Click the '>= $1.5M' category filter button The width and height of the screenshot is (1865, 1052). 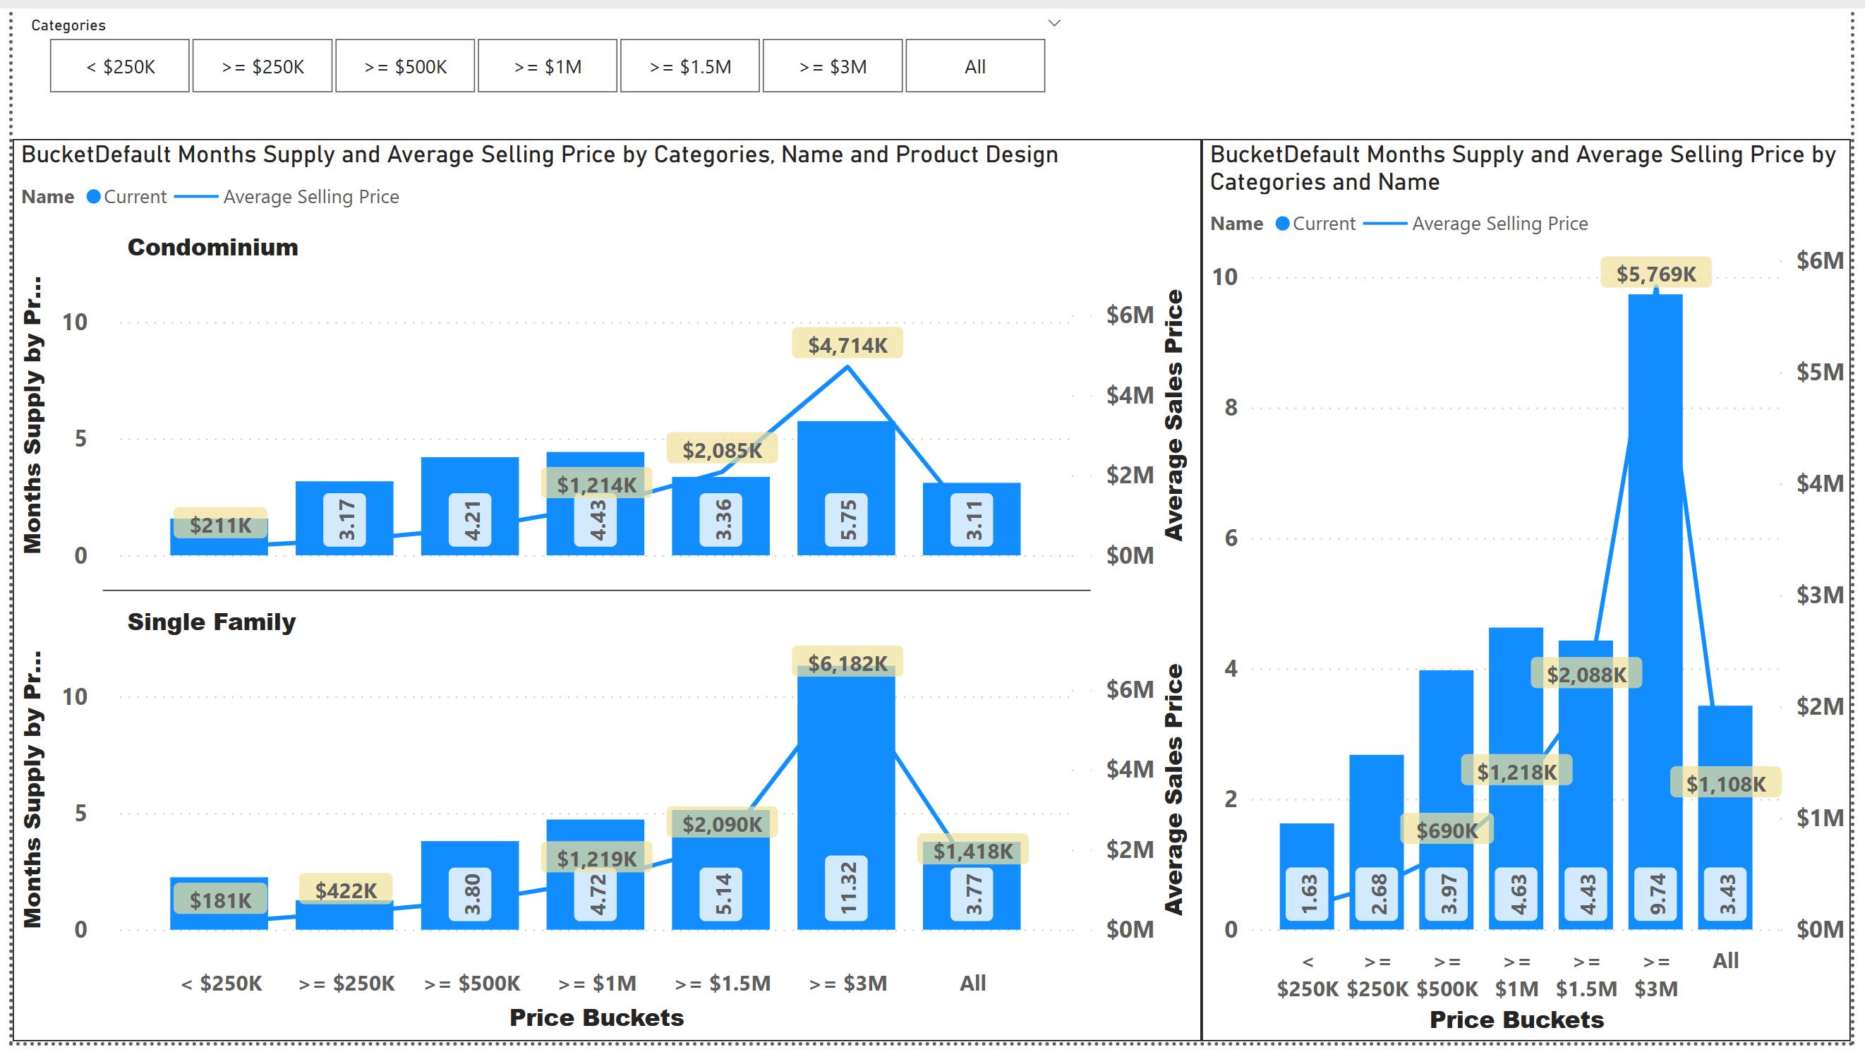(x=690, y=66)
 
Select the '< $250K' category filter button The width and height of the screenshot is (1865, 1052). (x=120, y=66)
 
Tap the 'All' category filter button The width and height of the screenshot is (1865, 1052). (x=975, y=66)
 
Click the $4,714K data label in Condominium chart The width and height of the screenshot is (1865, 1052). (x=847, y=344)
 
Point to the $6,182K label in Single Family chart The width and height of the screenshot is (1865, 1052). (x=847, y=663)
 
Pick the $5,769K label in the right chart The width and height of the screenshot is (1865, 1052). (x=1655, y=273)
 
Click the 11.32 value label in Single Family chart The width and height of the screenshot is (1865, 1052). (x=847, y=888)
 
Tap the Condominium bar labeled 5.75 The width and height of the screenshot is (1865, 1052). (x=846, y=488)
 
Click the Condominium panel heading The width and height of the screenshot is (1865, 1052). (x=213, y=247)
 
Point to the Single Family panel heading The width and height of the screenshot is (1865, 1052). (x=212, y=622)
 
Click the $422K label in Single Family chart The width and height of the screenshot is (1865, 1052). (x=345, y=889)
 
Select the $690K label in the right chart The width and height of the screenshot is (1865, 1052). (x=1447, y=829)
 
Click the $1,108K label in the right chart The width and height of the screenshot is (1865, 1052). (x=1725, y=782)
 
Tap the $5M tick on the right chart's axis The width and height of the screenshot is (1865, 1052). (x=1819, y=371)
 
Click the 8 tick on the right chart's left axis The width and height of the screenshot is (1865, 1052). (x=1231, y=407)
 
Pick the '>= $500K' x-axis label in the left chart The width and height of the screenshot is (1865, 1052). (x=472, y=982)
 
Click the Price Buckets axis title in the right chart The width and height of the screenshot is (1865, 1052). (x=1516, y=1020)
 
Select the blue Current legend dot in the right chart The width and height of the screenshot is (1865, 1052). (x=1282, y=224)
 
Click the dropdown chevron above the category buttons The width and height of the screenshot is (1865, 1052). (x=1055, y=23)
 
